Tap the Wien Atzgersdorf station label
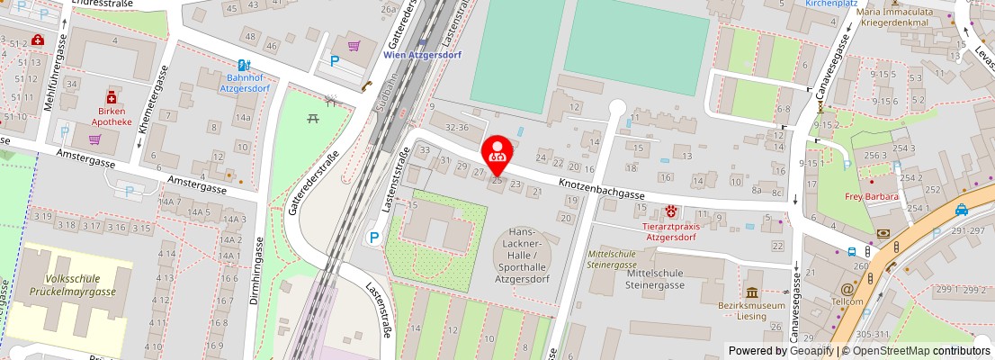point(420,54)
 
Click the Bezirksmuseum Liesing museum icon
point(751,292)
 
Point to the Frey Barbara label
point(872,196)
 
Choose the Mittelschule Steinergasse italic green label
point(613,260)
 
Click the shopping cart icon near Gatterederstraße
point(354,45)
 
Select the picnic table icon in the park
point(313,116)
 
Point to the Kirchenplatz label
point(830,4)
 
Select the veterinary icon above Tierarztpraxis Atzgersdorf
point(671,211)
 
